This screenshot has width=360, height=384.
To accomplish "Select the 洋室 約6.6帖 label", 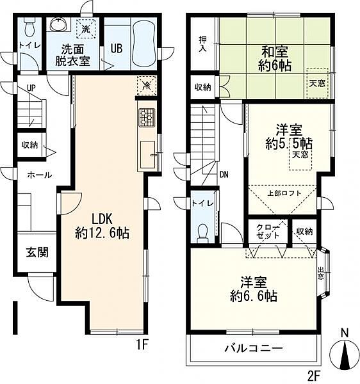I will click(x=254, y=289).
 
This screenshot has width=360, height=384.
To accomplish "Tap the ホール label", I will click(x=38, y=175).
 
